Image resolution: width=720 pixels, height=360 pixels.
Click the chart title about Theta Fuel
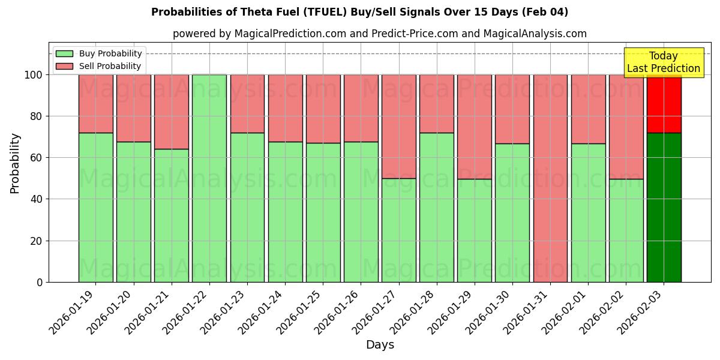pyautogui.click(x=359, y=12)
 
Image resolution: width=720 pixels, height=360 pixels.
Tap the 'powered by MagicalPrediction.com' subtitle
pyautogui.click(x=379, y=34)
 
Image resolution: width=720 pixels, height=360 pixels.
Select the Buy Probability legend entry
pyautogui.click(x=99, y=53)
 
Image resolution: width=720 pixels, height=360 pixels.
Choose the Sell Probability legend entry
pyautogui.click(x=99, y=66)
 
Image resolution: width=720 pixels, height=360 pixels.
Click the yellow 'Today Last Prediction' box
pyautogui.click(x=663, y=62)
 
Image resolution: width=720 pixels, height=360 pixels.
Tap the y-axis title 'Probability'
pyautogui.click(x=15, y=163)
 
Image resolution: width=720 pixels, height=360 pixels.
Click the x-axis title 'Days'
pyautogui.click(x=380, y=345)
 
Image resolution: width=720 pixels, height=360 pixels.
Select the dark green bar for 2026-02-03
pyautogui.click(x=664, y=207)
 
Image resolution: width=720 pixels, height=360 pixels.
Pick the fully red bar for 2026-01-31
pyautogui.click(x=550, y=178)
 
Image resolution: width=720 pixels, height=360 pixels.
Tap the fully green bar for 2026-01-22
pyautogui.click(x=209, y=178)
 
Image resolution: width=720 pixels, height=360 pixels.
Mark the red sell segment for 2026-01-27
pyautogui.click(x=399, y=126)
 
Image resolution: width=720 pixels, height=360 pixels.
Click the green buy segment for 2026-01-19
pyautogui.click(x=95, y=207)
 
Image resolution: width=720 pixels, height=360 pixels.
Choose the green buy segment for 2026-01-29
pyautogui.click(x=475, y=230)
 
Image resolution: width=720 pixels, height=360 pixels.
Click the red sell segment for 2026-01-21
pyautogui.click(x=172, y=112)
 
